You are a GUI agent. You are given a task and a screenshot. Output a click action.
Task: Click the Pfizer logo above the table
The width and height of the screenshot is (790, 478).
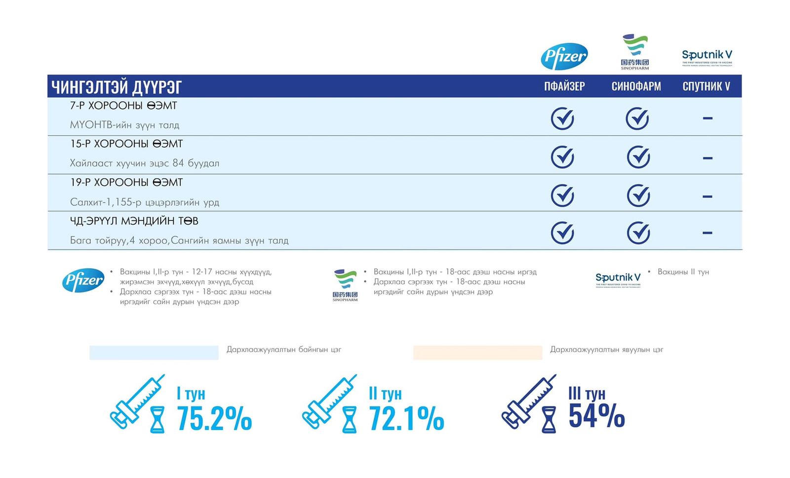tap(564, 56)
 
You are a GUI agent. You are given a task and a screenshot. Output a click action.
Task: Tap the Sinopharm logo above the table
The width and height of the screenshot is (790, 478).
tap(635, 52)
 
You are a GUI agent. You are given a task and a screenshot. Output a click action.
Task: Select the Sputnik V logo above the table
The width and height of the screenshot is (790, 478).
tap(707, 57)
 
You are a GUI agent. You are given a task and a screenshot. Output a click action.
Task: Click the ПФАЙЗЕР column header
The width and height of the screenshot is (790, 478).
tap(564, 86)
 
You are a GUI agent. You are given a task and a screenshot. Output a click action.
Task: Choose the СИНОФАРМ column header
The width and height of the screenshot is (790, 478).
tap(636, 86)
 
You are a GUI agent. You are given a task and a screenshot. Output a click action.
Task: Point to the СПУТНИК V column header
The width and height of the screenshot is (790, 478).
tap(706, 86)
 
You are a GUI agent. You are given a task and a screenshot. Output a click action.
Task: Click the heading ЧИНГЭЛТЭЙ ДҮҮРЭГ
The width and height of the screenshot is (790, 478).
tap(117, 87)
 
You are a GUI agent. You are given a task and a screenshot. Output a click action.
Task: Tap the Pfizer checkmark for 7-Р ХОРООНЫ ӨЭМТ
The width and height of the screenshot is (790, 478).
tap(562, 118)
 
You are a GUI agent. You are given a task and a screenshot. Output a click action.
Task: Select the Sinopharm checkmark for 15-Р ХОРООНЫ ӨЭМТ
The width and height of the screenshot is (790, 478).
tap(638, 157)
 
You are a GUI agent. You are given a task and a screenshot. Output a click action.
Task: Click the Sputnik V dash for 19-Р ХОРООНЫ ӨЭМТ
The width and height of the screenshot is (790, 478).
tap(707, 196)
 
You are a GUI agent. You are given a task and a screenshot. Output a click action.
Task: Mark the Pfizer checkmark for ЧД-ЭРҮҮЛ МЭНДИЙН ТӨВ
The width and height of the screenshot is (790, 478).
tap(562, 233)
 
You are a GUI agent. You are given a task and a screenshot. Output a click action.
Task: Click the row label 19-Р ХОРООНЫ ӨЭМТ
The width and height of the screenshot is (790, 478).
tap(126, 183)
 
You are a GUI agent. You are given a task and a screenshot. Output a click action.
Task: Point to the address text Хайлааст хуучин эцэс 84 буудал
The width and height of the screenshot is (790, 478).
tap(144, 163)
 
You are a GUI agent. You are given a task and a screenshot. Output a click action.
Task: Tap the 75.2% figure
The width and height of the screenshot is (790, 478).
tap(214, 418)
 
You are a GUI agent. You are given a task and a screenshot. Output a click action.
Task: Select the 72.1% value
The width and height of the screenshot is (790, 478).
tap(406, 418)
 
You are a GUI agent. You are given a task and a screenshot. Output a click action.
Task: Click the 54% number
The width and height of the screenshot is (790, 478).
tap(596, 415)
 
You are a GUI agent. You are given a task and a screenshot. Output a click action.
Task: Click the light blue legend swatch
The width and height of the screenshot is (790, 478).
tap(154, 352)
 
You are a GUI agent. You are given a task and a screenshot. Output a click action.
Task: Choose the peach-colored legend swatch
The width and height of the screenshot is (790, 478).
tap(477, 352)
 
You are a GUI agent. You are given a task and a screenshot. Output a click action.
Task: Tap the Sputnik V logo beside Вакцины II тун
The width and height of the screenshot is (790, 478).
tap(618, 280)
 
